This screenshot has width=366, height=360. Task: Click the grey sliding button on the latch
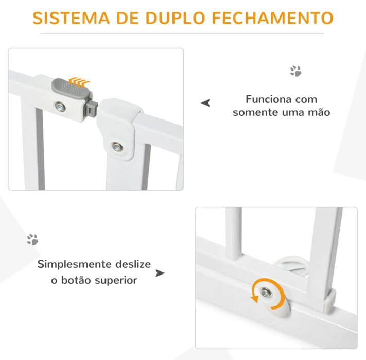pyautogui.click(x=71, y=89)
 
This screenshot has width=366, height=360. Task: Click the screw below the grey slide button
pyautogui.click(x=61, y=107)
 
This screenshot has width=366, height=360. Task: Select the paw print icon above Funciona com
pyautogui.click(x=295, y=71)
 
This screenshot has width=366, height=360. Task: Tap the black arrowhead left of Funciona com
pyautogui.click(x=206, y=104)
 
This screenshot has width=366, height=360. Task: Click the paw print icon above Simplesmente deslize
pyautogui.click(x=32, y=239)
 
